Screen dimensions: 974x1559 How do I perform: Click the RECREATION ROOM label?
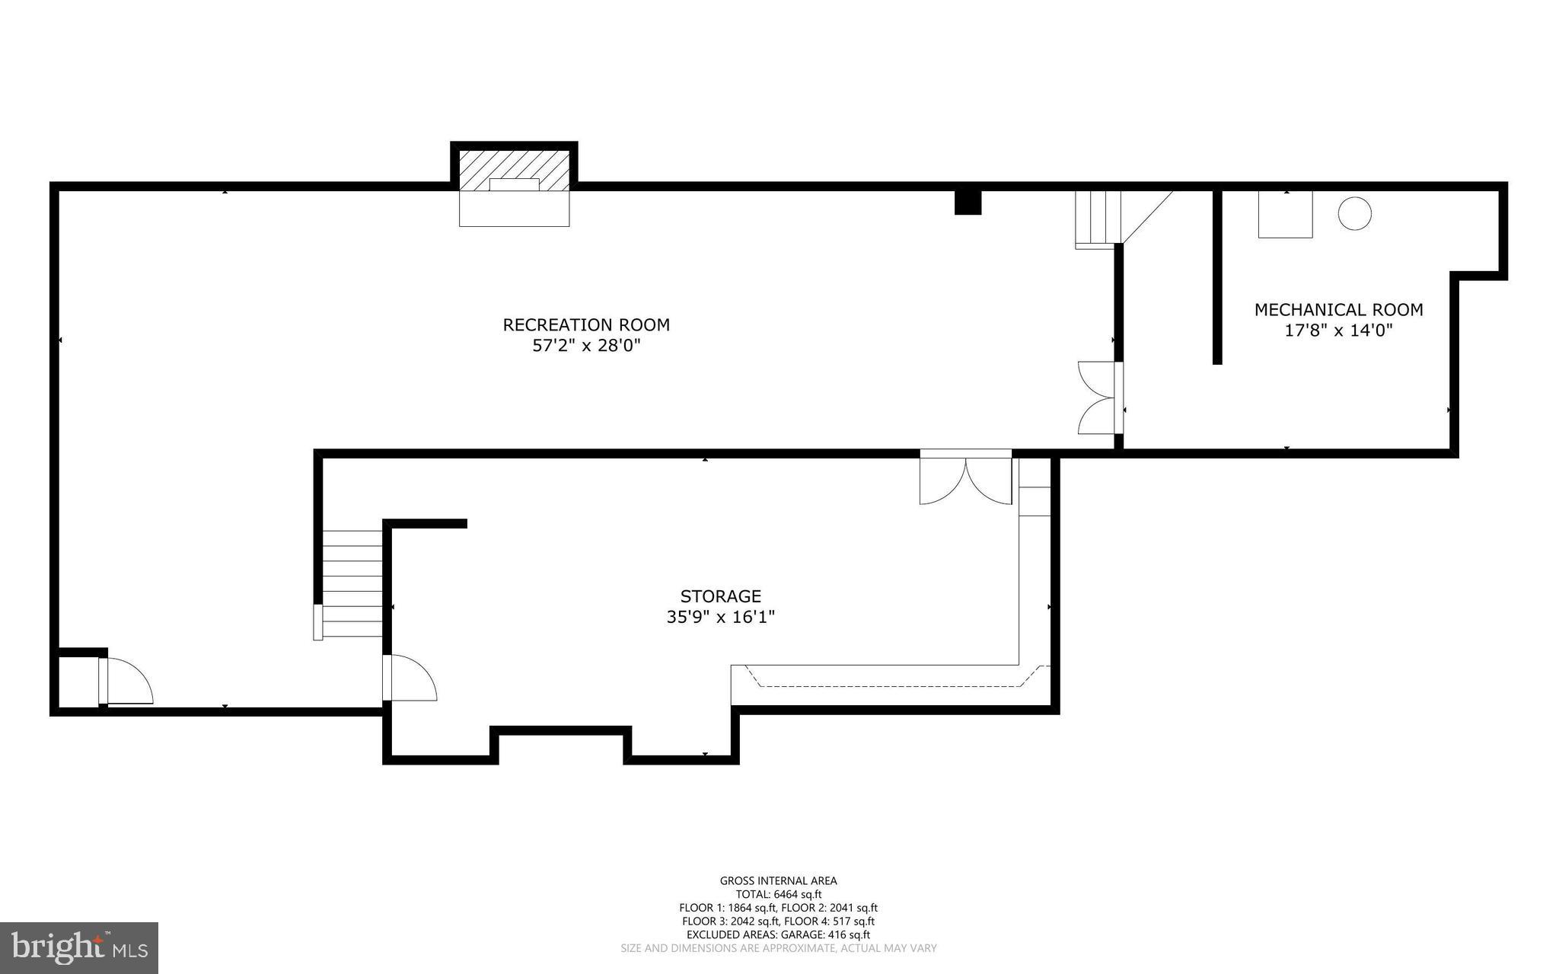(x=586, y=325)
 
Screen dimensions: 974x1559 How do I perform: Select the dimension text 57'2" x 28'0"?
(x=586, y=346)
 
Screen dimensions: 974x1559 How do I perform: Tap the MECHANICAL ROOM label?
(x=1338, y=310)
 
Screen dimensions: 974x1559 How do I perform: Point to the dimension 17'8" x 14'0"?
(x=1338, y=331)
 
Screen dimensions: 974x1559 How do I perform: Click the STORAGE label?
(x=720, y=596)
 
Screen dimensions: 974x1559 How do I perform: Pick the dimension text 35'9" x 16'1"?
(x=720, y=617)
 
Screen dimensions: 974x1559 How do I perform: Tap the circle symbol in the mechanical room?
(x=1354, y=214)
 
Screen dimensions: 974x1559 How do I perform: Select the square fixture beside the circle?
(x=1285, y=215)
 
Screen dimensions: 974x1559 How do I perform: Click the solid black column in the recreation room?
(x=968, y=203)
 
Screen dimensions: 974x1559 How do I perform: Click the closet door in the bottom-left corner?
(x=126, y=681)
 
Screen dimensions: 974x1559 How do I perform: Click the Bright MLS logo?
(x=79, y=947)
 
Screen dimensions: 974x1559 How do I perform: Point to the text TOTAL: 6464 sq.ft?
(x=778, y=895)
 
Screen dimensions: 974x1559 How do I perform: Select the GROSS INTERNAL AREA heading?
(x=778, y=881)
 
